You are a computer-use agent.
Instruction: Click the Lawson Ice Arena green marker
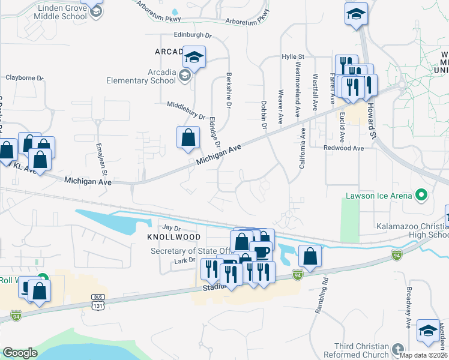click(421, 196)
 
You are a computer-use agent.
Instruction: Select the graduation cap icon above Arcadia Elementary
click(194, 57)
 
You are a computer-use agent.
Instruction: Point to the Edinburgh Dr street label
click(193, 35)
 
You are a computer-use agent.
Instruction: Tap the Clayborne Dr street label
click(25, 77)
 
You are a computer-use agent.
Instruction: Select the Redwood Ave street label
click(343, 148)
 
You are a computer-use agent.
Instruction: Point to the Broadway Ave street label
click(408, 311)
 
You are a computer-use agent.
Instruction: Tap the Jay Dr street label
click(172, 228)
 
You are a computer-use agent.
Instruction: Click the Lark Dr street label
click(185, 260)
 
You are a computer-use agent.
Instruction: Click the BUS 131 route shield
click(98, 301)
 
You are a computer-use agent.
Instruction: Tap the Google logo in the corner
click(20, 353)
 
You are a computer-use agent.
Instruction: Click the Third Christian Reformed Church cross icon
click(397, 349)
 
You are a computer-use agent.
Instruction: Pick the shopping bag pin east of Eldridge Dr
click(188, 137)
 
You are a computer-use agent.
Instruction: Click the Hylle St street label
click(294, 56)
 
